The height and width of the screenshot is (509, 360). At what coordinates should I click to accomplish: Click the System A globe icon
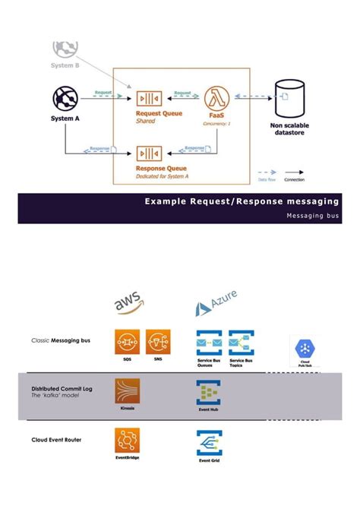point(65,99)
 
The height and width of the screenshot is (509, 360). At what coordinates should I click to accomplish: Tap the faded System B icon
point(65,48)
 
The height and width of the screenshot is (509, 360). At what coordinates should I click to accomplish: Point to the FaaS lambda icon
point(217,99)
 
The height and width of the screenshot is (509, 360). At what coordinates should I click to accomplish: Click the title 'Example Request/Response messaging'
point(242,201)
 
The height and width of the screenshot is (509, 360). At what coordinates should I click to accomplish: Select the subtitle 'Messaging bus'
point(313,216)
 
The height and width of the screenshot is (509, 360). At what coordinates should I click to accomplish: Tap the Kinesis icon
point(127,391)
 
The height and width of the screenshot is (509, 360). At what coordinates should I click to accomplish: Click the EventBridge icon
point(127,441)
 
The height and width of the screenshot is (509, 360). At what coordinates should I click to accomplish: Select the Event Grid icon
point(209,443)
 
